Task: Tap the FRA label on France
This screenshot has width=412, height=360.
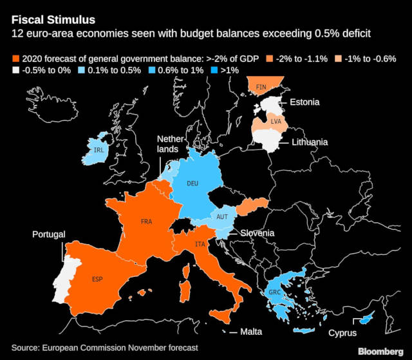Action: coord(146,222)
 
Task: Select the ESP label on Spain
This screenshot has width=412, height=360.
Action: coord(97,279)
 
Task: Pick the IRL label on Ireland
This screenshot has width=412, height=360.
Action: coord(98,150)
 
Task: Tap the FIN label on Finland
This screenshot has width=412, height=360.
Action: coord(261,87)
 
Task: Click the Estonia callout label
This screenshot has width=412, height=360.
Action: coord(308,102)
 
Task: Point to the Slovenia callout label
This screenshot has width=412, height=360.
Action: coord(257,232)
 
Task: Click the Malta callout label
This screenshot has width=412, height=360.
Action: coord(253,333)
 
